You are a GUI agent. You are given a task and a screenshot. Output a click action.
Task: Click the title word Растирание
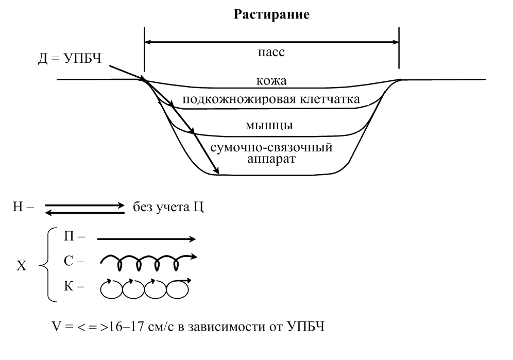(x=271, y=15)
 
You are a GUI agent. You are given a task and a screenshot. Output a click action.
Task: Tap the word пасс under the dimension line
(x=271, y=52)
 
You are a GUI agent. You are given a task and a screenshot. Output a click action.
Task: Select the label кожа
(x=271, y=81)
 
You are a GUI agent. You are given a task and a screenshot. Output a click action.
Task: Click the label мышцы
(x=271, y=125)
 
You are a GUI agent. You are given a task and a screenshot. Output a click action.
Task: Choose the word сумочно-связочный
(x=271, y=147)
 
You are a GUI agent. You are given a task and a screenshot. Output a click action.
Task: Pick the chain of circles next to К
(x=144, y=288)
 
